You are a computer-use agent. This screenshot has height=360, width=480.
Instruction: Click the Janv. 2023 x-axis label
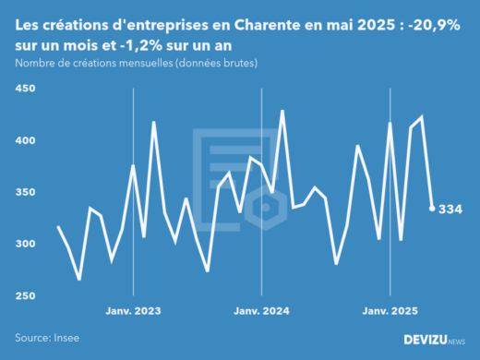(135, 311)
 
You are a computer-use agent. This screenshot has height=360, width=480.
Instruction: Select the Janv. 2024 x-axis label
(263, 311)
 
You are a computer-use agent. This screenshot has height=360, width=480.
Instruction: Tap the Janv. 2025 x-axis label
(390, 311)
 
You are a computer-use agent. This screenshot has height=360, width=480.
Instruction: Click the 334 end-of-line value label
(450, 210)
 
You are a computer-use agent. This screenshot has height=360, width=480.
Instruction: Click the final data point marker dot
(432, 209)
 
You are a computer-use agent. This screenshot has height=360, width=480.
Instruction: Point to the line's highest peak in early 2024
(282, 111)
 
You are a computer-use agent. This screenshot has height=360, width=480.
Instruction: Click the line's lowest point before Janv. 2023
(79, 279)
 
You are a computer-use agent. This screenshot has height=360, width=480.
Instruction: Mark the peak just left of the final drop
(422, 117)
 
